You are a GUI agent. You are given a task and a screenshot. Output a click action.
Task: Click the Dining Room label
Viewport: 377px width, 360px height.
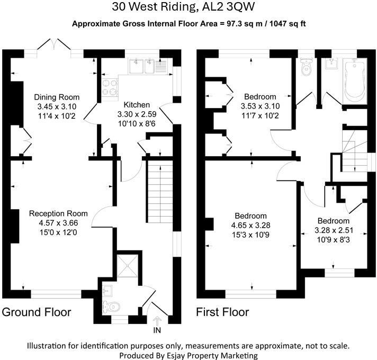point(57,97)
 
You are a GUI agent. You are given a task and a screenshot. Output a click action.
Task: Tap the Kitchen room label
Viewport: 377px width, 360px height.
point(137,105)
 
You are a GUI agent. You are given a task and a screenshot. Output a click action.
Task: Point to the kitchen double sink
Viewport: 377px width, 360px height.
point(142,67)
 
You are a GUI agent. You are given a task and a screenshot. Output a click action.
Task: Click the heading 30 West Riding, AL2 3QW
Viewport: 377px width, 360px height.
point(188,7)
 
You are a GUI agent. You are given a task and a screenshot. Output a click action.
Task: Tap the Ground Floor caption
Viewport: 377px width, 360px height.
point(37,312)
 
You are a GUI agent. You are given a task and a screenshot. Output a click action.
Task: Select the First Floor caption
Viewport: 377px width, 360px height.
point(222,312)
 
